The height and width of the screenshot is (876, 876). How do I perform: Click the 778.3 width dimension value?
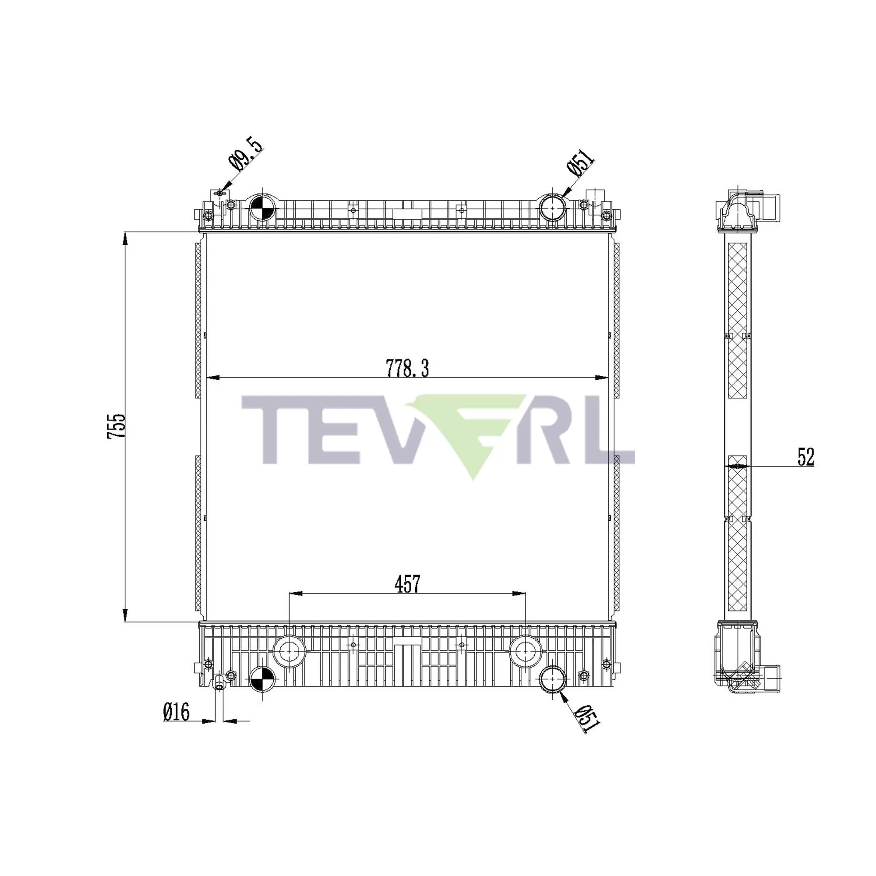tap(407, 369)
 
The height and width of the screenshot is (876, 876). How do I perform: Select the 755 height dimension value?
tap(116, 426)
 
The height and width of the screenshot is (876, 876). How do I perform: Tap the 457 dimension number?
tap(407, 584)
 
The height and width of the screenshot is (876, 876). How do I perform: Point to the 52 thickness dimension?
tap(806, 457)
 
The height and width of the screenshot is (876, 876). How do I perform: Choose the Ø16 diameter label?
tap(177, 712)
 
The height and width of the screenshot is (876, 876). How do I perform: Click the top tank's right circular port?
tap(552, 207)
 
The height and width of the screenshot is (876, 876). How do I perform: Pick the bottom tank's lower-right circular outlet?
tap(552, 679)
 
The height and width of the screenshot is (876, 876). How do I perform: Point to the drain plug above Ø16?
tap(219, 683)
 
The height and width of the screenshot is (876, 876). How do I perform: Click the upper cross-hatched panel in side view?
tap(737, 320)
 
